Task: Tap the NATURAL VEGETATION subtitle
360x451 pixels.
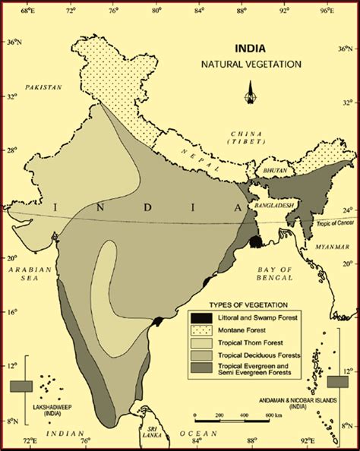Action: tap(251, 65)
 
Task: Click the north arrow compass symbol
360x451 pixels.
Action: tap(249, 94)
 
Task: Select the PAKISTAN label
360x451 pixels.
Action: tap(42, 87)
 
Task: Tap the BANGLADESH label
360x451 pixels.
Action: tap(273, 205)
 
